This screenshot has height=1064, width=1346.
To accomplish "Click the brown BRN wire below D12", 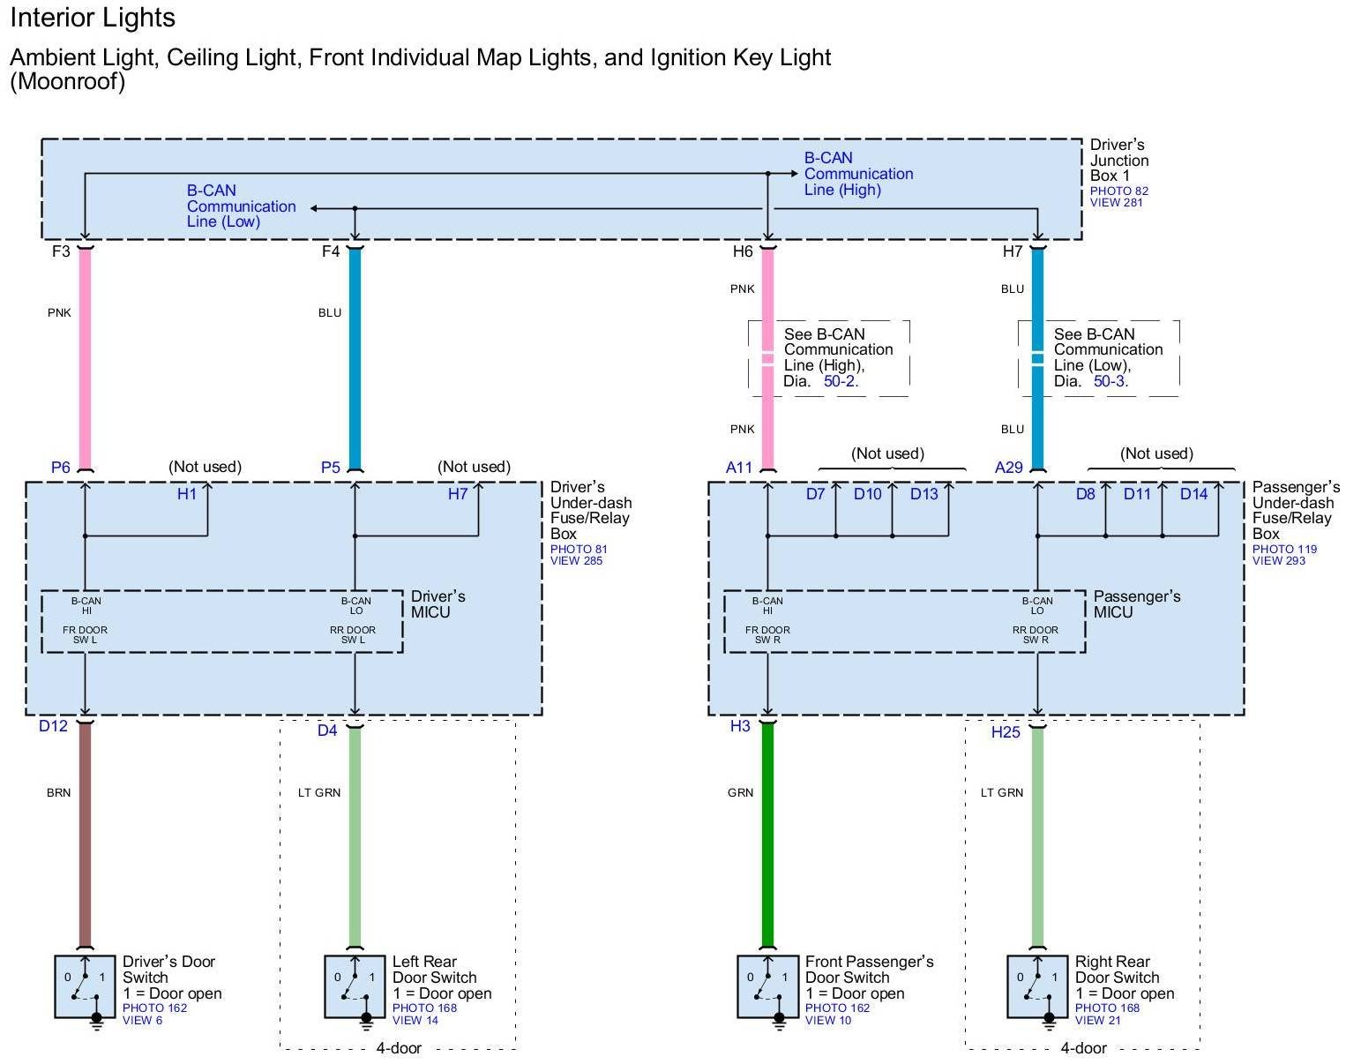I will point(85,838).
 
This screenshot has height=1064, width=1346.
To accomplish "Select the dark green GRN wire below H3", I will point(767,838).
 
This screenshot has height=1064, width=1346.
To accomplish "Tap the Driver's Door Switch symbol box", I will point(85,986).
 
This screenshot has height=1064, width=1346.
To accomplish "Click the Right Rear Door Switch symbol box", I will point(1037,986).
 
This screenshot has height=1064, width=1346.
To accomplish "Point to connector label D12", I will point(53,726).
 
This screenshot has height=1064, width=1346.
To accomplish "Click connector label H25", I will point(1006,732).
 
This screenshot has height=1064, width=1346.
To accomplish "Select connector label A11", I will point(739,468).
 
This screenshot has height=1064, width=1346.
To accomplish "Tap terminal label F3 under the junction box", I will point(61,251).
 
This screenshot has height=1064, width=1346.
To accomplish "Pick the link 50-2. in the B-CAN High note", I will point(841,381).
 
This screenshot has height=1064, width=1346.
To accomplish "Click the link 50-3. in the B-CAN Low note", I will point(1110,381).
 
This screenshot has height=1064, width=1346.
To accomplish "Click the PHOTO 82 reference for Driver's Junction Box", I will point(1118,191).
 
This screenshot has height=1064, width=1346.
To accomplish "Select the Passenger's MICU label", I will point(1136,604).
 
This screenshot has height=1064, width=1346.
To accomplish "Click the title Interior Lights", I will point(93,18).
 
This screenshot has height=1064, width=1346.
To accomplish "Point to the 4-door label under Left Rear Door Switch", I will point(399,1048).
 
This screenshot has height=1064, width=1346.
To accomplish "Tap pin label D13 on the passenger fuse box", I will point(924,494).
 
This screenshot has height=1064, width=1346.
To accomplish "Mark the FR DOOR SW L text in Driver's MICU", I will point(85,634).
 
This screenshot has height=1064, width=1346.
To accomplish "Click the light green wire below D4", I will point(355,838).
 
